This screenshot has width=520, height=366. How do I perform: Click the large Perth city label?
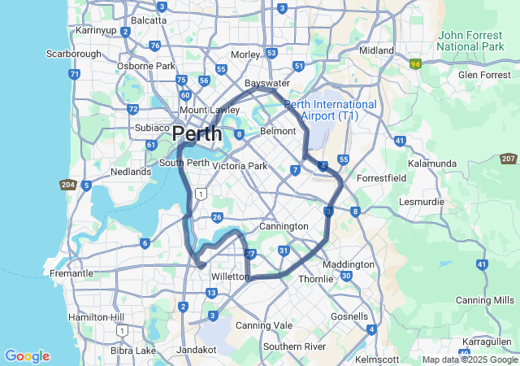click(198, 133)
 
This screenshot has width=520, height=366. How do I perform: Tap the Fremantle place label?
click(71, 273)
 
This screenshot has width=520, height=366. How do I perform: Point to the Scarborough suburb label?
click(73, 54)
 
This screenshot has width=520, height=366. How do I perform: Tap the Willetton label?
click(230, 277)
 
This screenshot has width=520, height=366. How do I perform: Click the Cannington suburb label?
click(284, 225)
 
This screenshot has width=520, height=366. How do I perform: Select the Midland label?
click(376, 50)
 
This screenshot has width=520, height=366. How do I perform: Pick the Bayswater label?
click(267, 83)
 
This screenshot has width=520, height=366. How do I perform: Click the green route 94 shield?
click(416, 63)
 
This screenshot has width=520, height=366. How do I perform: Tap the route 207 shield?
click(509, 159)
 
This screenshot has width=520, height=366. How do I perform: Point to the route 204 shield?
click(68, 185)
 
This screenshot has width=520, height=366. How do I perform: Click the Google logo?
click(27, 356)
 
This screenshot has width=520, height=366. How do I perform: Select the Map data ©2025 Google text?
click(469, 359)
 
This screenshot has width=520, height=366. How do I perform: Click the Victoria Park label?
click(239, 166)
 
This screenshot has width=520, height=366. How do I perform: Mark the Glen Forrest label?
click(484, 75)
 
